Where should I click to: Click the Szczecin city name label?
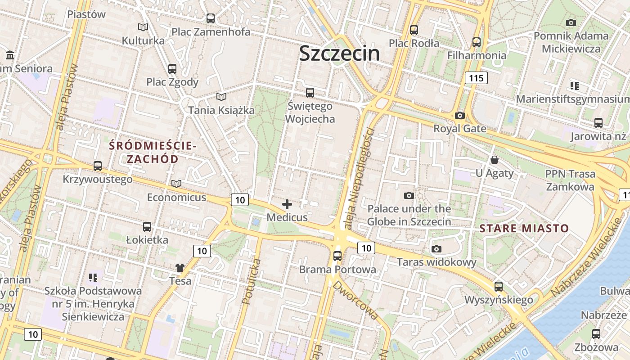(x=339, y=53)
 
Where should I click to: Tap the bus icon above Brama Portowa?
(x=337, y=256)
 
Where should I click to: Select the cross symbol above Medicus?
(x=287, y=205)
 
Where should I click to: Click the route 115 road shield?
(x=476, y=78)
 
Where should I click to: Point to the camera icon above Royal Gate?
(x=459, y=116)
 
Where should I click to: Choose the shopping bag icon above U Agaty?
(x=495, y=160)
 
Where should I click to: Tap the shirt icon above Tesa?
(x=180, y=268)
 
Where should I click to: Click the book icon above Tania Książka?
(x=221, y=97)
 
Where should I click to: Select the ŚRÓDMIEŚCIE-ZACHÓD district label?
(x=153, y=153)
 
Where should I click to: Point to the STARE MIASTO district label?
(x=524, y=228)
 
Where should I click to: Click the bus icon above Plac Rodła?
(x=414, y=30)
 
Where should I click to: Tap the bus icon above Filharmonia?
(x=477, y=42)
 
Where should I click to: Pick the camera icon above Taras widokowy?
(x=436, y=249)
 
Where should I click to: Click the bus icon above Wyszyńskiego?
(x=499, y=286)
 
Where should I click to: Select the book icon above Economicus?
(x=176, y=184)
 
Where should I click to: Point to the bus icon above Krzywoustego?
(x=98, y=166)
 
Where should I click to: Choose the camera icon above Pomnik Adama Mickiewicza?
(x=571, y=22)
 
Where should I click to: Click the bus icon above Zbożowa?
(x=596, y=334)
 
